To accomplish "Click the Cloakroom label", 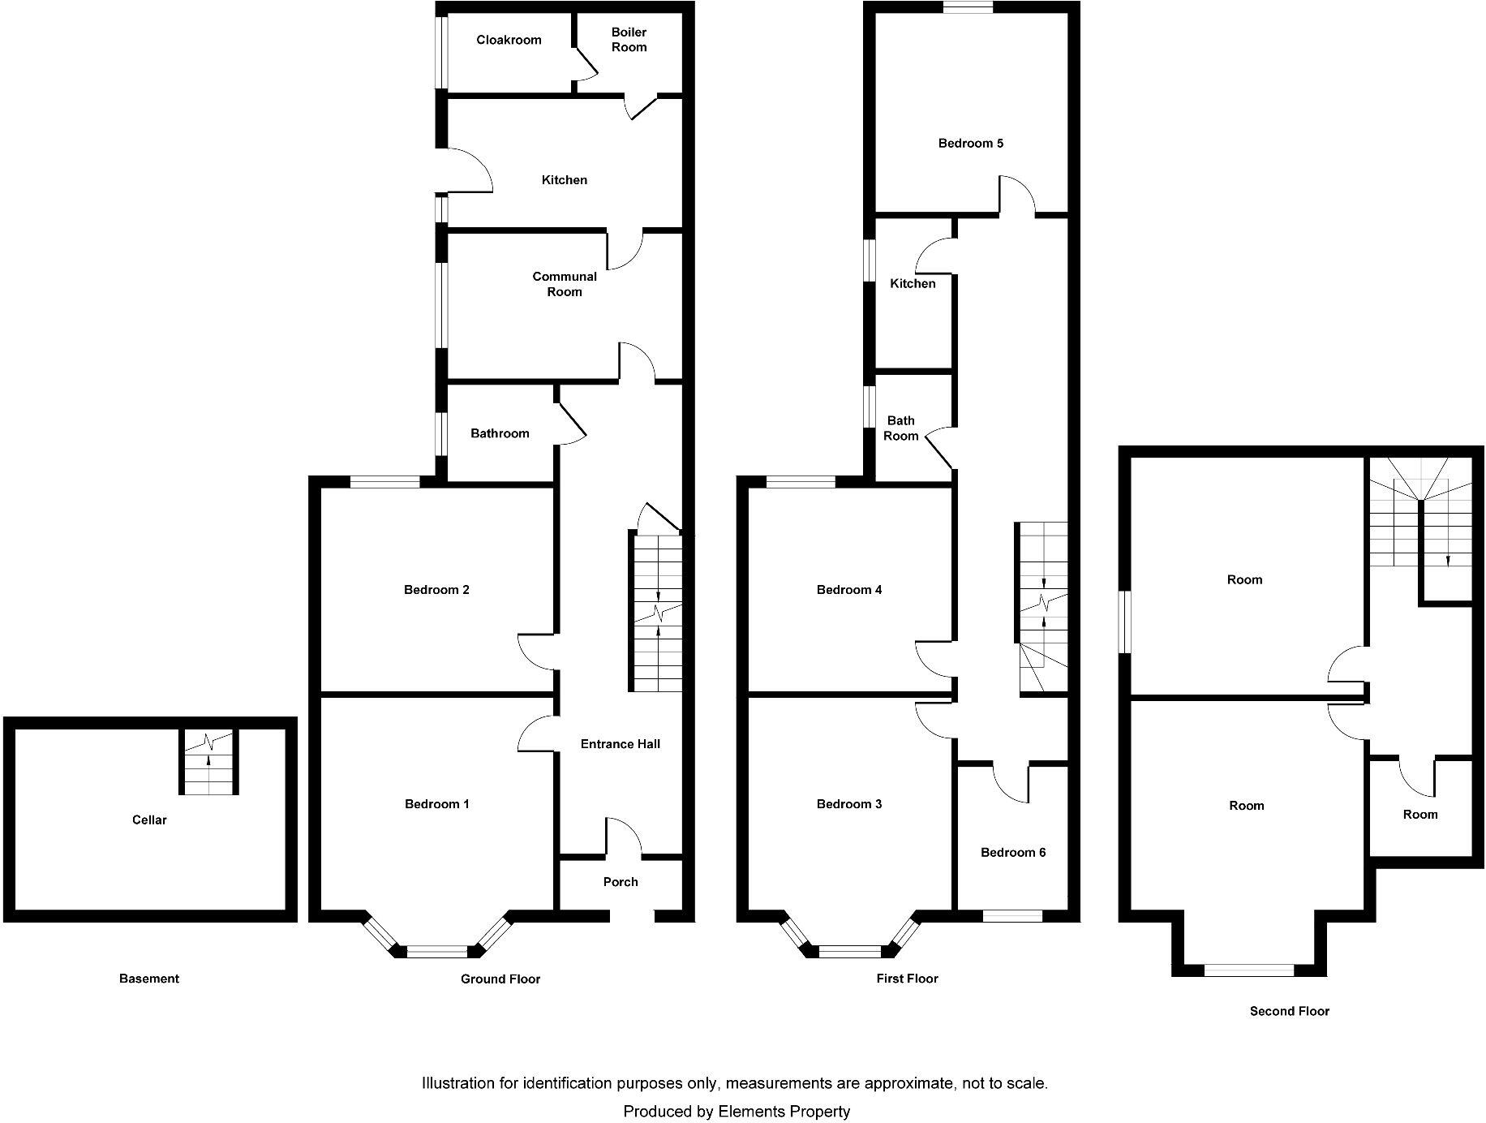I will click(x=509, y=40).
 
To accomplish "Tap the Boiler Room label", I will click(x=629, y=40).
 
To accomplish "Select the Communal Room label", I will click(x=565, y=284).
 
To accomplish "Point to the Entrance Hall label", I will click(x=620, y=744).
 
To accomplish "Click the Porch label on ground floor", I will click(x=621, y=882).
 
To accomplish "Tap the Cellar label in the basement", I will click(x=149, y=820).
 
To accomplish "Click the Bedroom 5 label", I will click(x=970, y=144).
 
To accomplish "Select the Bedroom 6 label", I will click(x=1013, y=853).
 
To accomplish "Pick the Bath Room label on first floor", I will click(x=900, y=428).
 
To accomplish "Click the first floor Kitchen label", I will click(x=913, y=284).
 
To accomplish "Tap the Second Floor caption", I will click(x=1289, y=1011).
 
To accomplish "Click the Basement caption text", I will click(x=148, y=979).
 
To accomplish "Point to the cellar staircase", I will click(x=209, y=763).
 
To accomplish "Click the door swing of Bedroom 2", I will click(x=535, y=652).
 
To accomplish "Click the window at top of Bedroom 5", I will click(x=968, y=7).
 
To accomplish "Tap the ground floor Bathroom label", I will click(x=500, y=434).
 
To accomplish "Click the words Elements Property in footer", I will click(x=784, y=1112).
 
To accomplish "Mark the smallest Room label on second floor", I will click(x=1420, y=815).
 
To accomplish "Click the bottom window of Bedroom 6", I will click(x=1012, y=916).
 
